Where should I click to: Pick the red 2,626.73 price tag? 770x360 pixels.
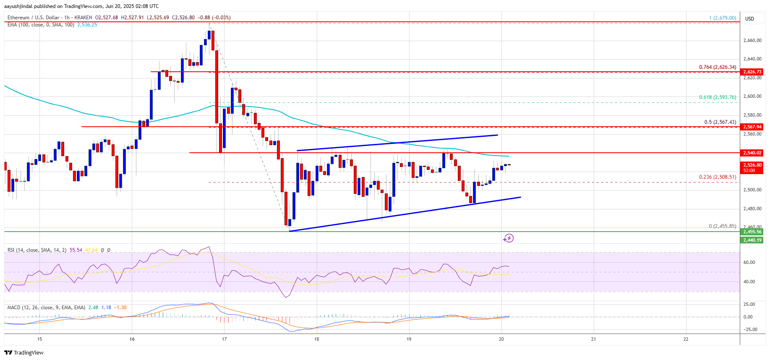coord(752,72)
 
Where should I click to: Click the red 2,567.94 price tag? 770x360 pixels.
coord(752,127)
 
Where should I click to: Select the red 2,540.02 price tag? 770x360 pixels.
coord(752,153)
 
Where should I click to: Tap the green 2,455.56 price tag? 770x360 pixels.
coord(752,232)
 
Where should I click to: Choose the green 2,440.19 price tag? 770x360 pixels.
coord(752,240)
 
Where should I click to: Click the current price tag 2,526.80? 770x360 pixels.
coord(752,165)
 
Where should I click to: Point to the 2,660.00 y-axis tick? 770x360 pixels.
coord(752,41)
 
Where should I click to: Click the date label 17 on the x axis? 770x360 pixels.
coord(224,339)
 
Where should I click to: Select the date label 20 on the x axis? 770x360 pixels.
coord(501,339)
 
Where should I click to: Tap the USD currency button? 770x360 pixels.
coord(749,18)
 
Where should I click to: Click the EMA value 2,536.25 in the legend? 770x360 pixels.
coord(87,25)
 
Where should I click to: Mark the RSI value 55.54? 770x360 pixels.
coord(76,250)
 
